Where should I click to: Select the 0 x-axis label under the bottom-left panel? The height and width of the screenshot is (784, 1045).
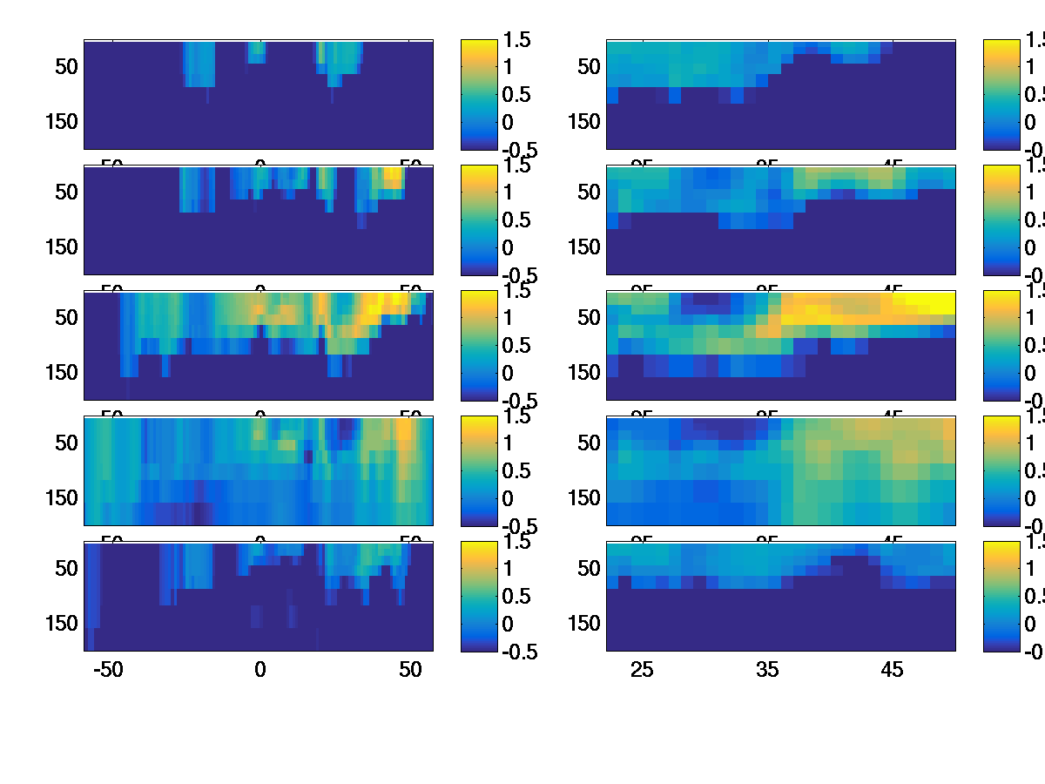pyautogui.click(x=260, y=670)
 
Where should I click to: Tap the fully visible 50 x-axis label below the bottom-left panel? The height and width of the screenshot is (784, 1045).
pyautogui.click(x=410, y=670)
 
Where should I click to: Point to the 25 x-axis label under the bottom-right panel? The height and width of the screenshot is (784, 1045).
pyautogui.click(x=642, y=670)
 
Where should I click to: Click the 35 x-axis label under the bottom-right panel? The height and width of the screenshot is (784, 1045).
pyautogui.click(x=767, y=670)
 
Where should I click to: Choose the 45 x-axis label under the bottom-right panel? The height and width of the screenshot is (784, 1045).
pyautogui.click(x=893, y=670)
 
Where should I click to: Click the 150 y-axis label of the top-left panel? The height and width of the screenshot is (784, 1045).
pyautogui.click(x=61, y=121)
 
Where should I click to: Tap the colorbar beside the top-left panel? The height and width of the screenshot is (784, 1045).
pyautogui.click(x=479, y=94)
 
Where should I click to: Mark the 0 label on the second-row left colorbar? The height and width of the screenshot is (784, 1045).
pyautogui.click(x=509, y=247)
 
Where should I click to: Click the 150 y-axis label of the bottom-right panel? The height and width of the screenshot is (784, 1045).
pyautogui.click(x=583, y=623)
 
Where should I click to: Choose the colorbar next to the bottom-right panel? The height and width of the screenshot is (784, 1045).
pyautogui.click(x=1001, y=596)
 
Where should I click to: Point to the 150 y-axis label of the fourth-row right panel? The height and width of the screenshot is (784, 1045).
pyautogui.click(x=583, y=497)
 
